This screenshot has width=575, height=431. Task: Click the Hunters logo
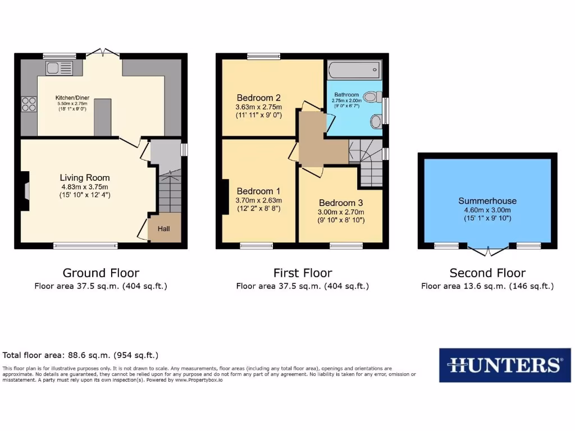click(x=501, y=365)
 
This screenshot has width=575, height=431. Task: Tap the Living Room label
click(x=85, y=178)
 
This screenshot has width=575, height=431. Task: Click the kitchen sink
click(x=60, y=68)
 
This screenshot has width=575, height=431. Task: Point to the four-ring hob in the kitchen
click(x=29, y=104)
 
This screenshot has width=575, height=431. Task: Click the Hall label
click(x=163, y=229)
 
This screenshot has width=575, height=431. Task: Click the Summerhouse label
click(x=487, y=200)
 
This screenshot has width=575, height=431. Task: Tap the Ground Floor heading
click(x=101, y=273)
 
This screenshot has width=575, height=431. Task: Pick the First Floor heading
click(x=303, y=273)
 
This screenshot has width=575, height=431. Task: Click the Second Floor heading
click(x=487, y=273)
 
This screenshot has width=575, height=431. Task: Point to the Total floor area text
click(x=80, y=355)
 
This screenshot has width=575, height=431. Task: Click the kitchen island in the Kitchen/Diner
click(x=102, y=117)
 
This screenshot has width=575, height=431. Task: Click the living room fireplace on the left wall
click(x=24, y=191)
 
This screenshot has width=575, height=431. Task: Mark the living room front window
click(x=85, y=245)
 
